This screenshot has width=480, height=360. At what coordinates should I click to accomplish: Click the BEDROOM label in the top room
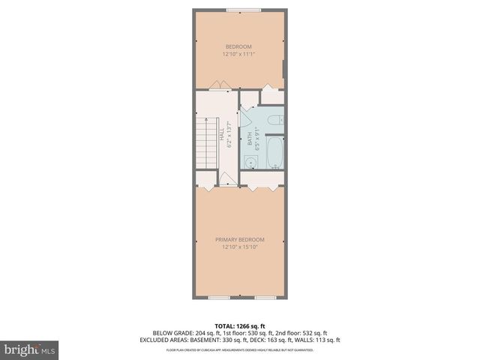coord(240,46)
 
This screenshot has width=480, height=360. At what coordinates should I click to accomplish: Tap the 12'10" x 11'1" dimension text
coord(240,54)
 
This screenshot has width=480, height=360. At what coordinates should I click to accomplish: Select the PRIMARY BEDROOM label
coord(240,239)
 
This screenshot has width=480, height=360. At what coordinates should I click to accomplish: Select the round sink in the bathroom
coord(250,160)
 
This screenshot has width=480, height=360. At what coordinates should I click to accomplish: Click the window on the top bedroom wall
coord(240,10)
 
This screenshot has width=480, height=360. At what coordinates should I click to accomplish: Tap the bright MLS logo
coord(30,349)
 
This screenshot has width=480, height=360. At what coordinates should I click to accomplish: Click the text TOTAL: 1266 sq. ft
coord(240,326)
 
